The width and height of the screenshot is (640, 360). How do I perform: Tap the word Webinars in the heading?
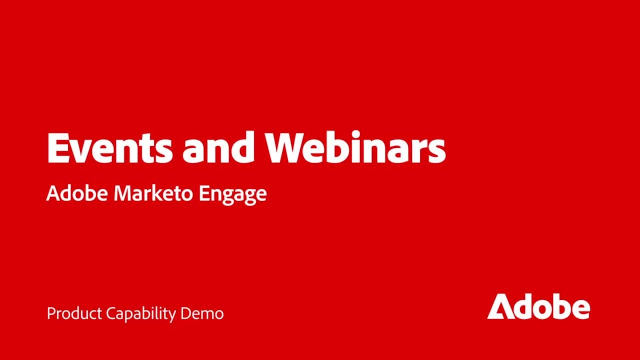point(355,148)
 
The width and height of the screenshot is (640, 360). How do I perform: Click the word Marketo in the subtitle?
point(153,193)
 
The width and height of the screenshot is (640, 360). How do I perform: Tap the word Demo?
point(202,313)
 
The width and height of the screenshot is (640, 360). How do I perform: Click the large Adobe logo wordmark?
point(538,306)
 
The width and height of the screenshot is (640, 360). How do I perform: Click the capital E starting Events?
point(57,148)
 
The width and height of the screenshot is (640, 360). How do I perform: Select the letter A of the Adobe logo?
point(500,307)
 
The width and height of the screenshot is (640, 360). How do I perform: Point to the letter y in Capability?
point(172,316)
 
